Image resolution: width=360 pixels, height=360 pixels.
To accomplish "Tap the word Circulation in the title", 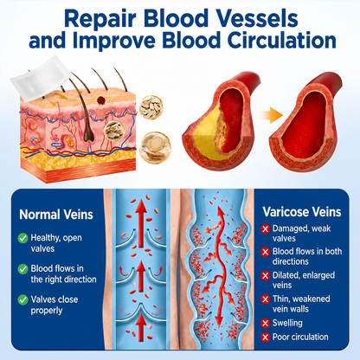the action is click(282, 41).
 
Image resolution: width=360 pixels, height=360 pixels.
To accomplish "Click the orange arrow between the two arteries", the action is click(272, 115).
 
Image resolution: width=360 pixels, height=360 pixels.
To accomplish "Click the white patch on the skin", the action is click(41, 78).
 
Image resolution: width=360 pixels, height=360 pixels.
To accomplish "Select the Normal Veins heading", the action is click(56, 215).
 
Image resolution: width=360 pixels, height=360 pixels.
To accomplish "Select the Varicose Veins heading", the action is click(302, 212).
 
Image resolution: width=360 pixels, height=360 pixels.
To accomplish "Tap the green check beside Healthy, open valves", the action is click(22, 238).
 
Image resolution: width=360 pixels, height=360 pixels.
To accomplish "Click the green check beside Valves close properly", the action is click(22, 299).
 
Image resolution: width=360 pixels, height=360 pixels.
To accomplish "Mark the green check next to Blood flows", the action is click(22, 269).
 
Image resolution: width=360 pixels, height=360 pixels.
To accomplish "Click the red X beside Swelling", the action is click(265, 323).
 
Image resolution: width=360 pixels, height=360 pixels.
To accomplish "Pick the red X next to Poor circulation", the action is click(265, 337).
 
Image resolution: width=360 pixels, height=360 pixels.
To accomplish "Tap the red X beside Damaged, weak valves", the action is click(265, 229).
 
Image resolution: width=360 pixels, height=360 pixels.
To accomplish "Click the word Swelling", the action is click(287, 323).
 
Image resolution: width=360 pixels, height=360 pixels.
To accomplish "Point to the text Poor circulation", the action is click(300, 337).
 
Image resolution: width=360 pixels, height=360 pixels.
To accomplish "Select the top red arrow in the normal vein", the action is click(141, 224).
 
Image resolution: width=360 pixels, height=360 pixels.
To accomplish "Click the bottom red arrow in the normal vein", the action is click(141, 328).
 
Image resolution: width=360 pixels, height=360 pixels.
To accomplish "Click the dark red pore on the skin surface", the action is click(101, 100).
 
